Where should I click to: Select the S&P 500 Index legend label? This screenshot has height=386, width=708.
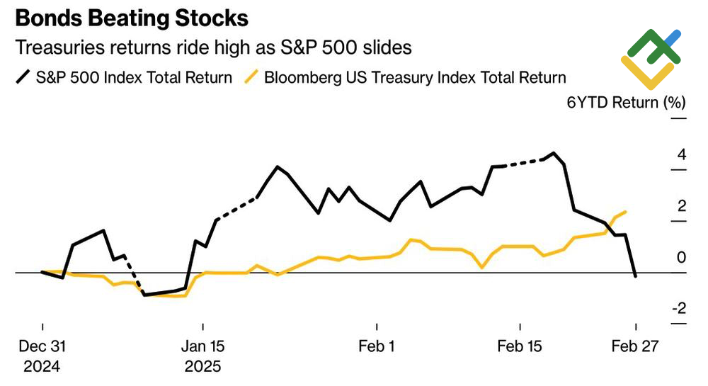pyautogui.click(x=134, y=77)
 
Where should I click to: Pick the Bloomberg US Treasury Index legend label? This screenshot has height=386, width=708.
pyautogui.click(x=415, y=77)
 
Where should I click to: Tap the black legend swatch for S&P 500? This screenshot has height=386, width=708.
pyautogui.click(x=23, y=77)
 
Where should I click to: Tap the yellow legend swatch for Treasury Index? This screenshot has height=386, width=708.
pyautogui.click(x=251, y=77)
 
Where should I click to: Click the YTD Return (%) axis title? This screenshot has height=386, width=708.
pyautogui.click(x=627, y=103)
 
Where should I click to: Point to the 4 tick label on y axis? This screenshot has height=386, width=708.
pyautogui.click(x=682, y=155)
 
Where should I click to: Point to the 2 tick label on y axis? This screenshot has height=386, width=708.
pyautogui.click(x=682, y=206)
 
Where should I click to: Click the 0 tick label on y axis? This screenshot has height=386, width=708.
pyautogui.click(x=682, y=257)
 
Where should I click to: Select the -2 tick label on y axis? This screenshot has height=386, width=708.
pyautogui.click(x=679, y=309)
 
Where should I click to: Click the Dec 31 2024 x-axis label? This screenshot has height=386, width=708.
pyautogui.click(x=42, y=356)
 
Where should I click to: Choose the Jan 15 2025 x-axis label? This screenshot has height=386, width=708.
pyautogui.click(x=202, y=356)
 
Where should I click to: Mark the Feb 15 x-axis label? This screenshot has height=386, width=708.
pyautogui.click(x=520, y=346)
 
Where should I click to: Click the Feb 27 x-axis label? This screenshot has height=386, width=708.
pyautogui.click(x=636, y=346)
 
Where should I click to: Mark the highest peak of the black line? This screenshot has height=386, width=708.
pyautogui.click(x=554, y=153)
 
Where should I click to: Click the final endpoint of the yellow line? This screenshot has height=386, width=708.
pyautogui.click(x=625, y=211)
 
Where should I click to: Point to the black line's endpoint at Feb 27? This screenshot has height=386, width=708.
pyautogui.click(x=636, y=276)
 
